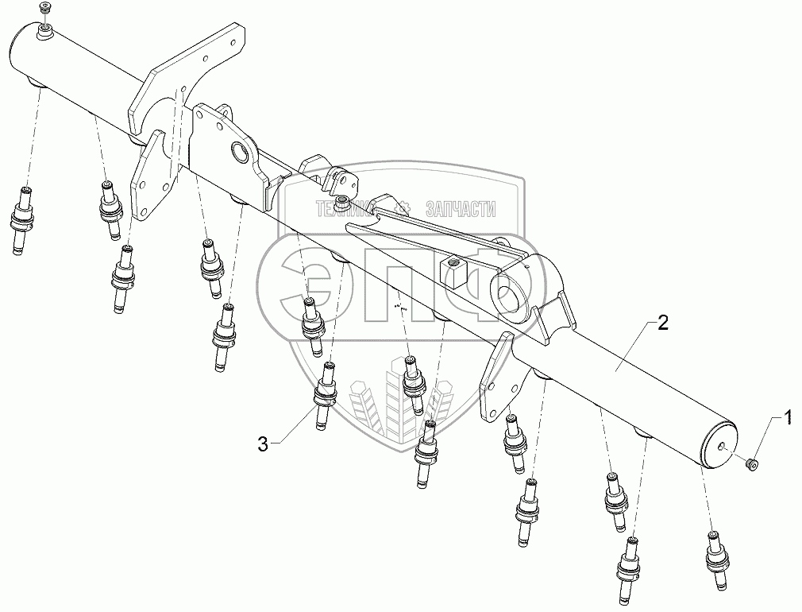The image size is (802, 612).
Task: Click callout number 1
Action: (787, 415)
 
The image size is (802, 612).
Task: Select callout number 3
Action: (263, 444)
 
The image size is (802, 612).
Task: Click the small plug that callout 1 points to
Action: (751, 463)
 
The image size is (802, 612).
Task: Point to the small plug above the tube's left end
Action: (44, 9)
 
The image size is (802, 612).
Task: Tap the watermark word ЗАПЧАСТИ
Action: (461, 210)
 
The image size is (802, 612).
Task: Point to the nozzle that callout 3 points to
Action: (324, 393)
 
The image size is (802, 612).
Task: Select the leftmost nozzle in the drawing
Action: (22, 219)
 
